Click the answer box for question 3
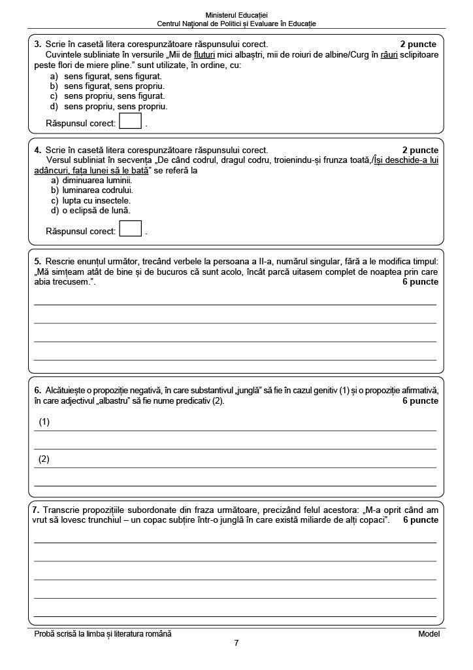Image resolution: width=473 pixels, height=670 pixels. click(130, 122)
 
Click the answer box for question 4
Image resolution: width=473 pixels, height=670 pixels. click(131, 229)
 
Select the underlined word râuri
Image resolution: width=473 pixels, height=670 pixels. click(389, 55)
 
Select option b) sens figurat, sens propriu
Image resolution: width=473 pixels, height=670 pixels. click(107, 86)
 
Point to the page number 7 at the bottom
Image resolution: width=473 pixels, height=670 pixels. click(236, 643)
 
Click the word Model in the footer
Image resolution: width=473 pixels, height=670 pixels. click(429, 633)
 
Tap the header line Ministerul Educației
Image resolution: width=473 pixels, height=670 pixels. click(236, 15)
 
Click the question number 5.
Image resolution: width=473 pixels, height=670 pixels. click(37, 261)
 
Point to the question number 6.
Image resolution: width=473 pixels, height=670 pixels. click(37, 391)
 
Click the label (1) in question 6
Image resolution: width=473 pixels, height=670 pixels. click(44, 422)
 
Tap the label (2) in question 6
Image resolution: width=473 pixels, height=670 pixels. click(44, 459)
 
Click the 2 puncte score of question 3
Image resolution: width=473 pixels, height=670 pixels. click(419, 44)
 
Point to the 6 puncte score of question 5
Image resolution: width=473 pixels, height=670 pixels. click(420, 282)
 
